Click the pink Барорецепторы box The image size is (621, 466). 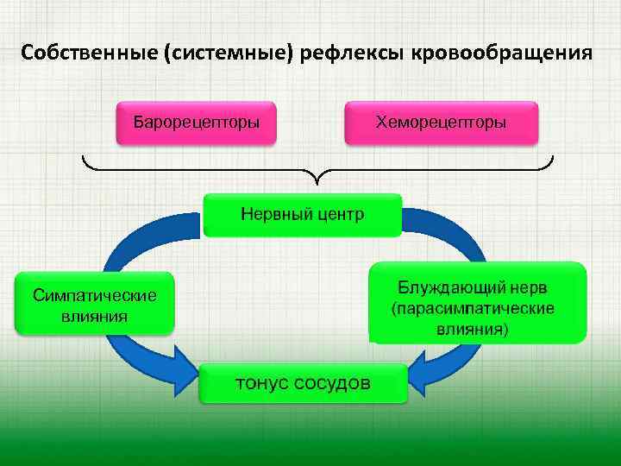[x=196, y=123]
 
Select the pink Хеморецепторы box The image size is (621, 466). [x=441, y=123]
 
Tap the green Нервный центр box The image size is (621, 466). [x=302, y=213]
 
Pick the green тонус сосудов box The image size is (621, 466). [x=303, y=382]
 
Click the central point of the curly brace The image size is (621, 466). [x=317, y=178]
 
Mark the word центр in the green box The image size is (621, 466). [x=336, y=213]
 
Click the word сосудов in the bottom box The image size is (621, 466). [x=332, y=382]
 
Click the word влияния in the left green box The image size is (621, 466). [x=95, y=316]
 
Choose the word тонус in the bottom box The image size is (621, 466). [x=261, y=382]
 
